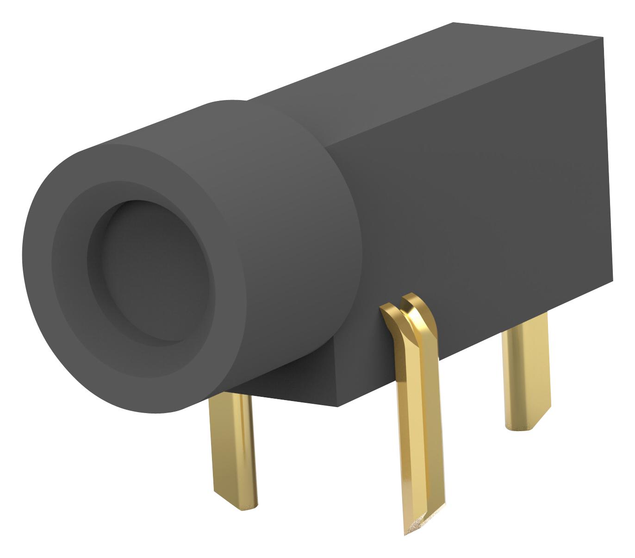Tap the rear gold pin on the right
(x=526, y=370)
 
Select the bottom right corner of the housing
(x=612, y=280)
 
